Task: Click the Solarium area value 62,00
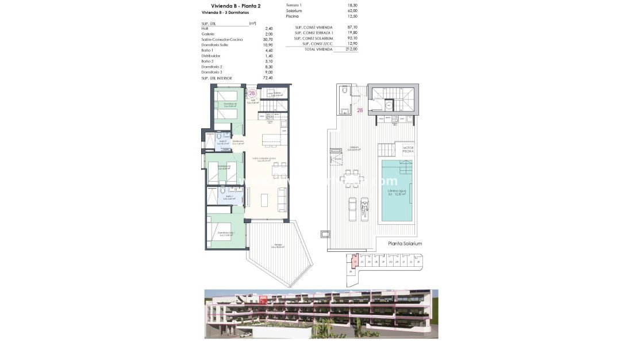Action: [x=352, y=10]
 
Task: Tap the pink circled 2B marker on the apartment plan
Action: [x=252, y=93]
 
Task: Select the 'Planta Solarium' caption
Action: [x=405, y=244]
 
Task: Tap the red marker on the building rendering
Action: [x=263, y=300]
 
